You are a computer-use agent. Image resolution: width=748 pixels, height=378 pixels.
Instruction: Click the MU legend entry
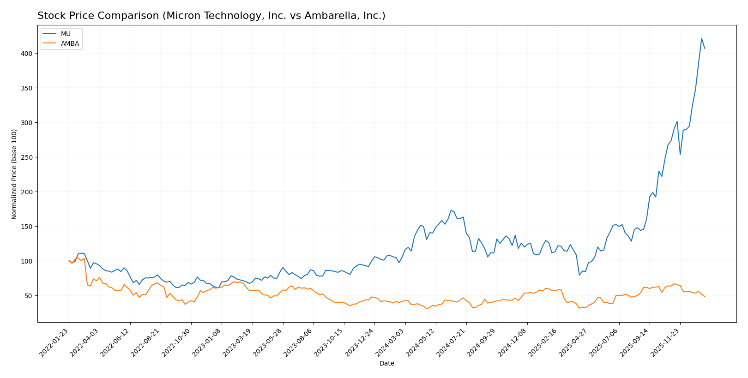(66, 34)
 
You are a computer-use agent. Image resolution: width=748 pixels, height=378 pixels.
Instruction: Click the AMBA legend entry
(70, 44)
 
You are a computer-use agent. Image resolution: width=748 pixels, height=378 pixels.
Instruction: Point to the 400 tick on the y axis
(28, 54)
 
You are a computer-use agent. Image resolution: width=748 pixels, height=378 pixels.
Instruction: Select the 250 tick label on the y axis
(28, 157)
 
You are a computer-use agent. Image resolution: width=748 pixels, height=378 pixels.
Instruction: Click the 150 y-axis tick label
(28, 227)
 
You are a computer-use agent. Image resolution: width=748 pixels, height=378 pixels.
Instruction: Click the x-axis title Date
(386, 364)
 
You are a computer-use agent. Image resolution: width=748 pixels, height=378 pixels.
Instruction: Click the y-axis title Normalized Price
(14, 174)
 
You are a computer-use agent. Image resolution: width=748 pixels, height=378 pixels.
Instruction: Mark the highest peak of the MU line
(701, 38)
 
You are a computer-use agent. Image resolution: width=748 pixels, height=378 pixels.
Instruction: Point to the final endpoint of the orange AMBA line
(705, 296)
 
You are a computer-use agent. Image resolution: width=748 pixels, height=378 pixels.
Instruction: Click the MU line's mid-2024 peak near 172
(451, 210)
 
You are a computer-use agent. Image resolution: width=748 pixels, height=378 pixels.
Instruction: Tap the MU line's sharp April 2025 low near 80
(579, 275)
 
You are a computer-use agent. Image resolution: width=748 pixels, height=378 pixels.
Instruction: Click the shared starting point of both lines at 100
(69, 261)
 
